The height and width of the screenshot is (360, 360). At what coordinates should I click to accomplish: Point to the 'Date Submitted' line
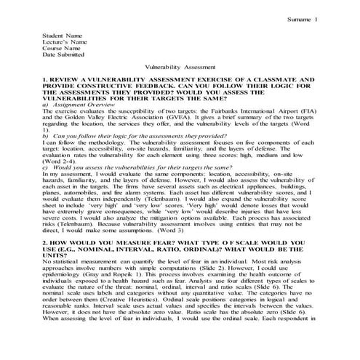coord(64,54)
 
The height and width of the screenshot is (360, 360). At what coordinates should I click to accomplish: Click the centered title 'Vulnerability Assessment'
coord(180,65)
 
